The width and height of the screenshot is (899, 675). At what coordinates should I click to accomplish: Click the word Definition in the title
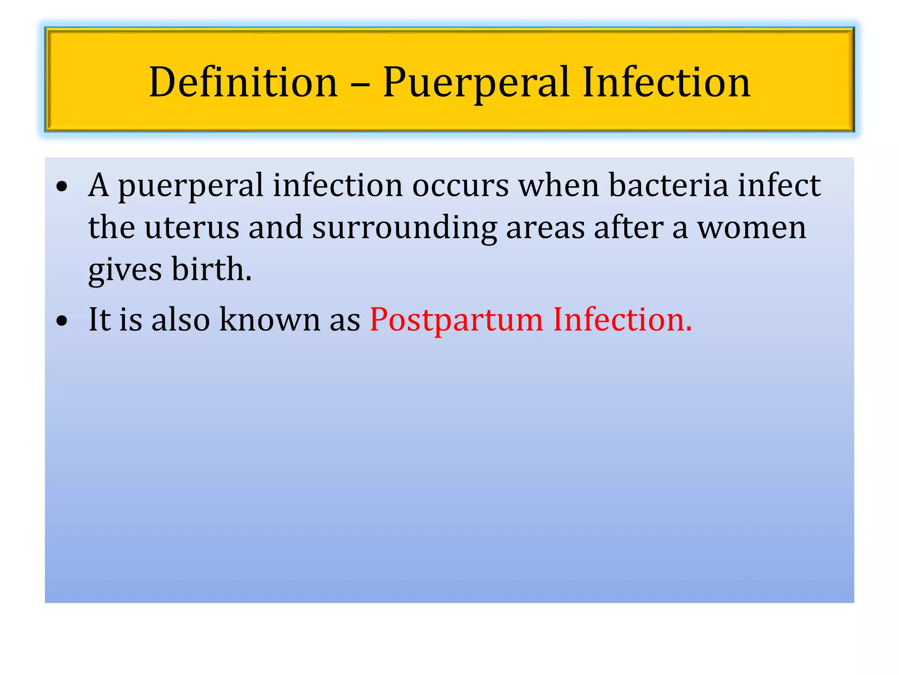click(243, 82)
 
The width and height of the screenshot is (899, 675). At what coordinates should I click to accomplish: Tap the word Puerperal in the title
click(476, 82)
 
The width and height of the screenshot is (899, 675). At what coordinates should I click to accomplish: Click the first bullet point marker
click(62, 187)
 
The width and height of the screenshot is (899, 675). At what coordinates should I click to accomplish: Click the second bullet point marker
click(62, 321)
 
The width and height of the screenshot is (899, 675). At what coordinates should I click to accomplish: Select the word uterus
click(191, 228)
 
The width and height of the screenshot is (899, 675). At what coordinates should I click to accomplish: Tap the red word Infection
click(622, 319)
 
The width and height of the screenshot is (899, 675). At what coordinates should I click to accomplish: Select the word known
click(270, 319)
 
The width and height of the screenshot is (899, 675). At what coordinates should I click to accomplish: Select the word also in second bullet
click(180, 319)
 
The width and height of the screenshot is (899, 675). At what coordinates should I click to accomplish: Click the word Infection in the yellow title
click(666, 82)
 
